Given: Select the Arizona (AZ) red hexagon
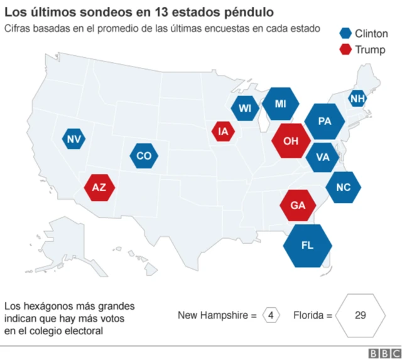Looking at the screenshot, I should click(99, 187).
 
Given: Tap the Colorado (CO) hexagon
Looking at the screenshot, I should click(144, 156).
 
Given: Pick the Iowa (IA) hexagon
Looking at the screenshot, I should click(223, 131).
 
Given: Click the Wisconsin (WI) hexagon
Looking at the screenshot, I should click(244, 108).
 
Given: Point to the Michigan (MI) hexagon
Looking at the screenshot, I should click(280, 104).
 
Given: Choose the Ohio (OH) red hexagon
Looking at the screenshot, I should click(291, 141).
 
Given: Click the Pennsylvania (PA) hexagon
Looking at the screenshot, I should click(325, 121).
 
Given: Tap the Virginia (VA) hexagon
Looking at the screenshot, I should click(323, 156).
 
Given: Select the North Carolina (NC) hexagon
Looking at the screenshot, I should click(343, 187).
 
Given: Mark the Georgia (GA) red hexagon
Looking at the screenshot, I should click(298, 205).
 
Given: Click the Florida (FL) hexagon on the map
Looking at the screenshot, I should click(307, 245).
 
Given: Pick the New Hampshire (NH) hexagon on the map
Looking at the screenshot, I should click(357, 98).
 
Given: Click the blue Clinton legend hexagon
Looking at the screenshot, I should click(345, 34).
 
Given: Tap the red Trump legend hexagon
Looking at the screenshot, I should click(345, 50).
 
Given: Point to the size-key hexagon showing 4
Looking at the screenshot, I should click(271, 315).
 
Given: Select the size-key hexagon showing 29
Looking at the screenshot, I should click(360, 315).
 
